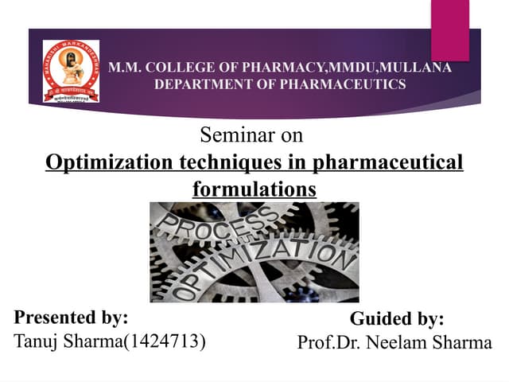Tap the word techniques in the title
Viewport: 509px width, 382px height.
231,162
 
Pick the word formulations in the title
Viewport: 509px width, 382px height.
254,190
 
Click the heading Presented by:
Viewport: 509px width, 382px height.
72,317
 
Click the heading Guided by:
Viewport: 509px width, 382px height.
397,319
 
